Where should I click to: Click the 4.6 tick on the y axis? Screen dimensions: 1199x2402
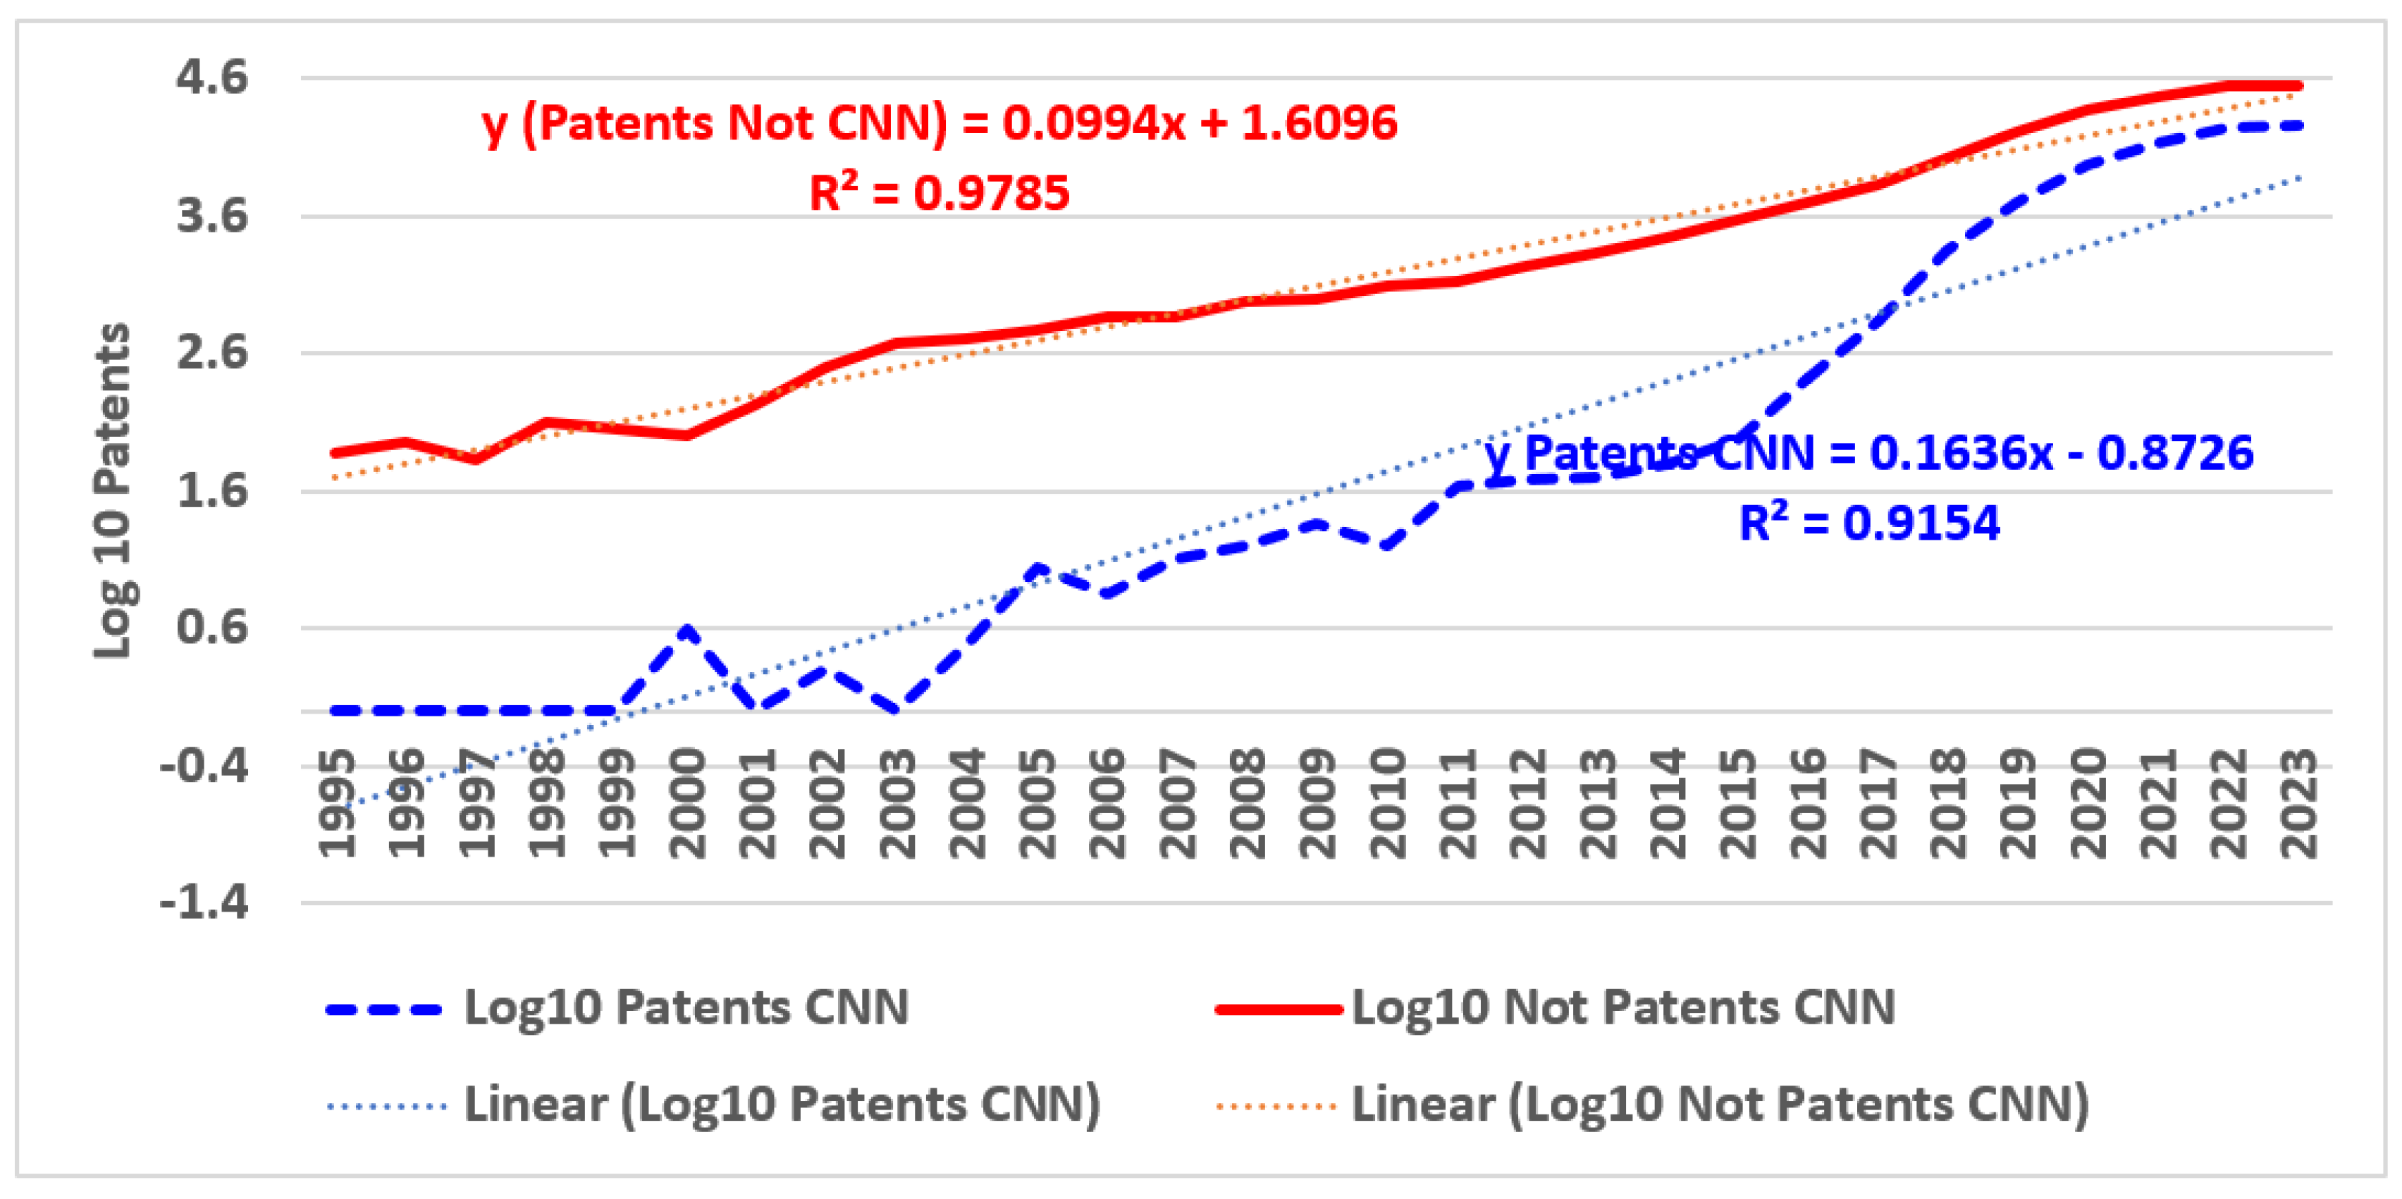pos(213,77)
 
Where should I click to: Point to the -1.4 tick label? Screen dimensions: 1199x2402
pos(204,902)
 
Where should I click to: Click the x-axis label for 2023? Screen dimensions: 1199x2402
pos(2298,803)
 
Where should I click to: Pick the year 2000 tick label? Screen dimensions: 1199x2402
pos(687,803)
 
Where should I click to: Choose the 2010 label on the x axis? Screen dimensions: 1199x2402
pos(1388,803)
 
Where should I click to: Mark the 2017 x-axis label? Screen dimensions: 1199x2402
pos(1878,803)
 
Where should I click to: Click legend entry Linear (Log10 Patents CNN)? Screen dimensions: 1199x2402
pos(782,1105)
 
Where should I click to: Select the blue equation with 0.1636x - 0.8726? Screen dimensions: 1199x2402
pos(1868,453)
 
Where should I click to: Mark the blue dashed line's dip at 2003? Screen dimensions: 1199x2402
pos(897,710)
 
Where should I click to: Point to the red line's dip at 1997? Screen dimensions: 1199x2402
pos(476,459)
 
